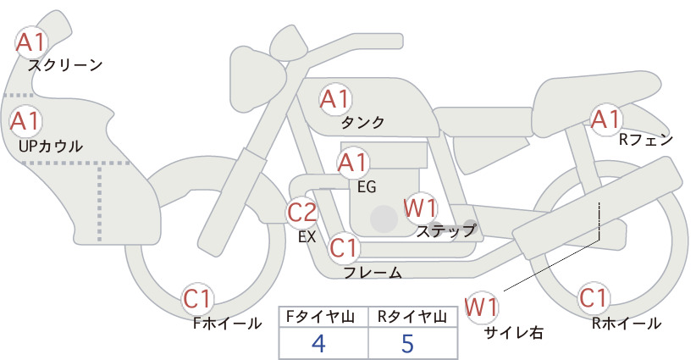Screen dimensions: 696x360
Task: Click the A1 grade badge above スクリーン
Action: point(30,42)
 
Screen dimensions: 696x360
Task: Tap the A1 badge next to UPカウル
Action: point(25,121)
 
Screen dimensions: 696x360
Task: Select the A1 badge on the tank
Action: point(335,99)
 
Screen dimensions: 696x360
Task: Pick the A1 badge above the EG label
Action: point(353,163)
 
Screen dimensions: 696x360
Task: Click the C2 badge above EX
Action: point(301,212)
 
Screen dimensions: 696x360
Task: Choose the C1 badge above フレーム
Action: point(344,247)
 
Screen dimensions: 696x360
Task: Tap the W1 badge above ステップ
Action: point(420,208)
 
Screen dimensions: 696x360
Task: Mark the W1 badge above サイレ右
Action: point(482,307)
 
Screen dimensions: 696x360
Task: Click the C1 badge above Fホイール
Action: point(197,299)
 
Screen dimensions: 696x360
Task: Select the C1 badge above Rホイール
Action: point(594,298)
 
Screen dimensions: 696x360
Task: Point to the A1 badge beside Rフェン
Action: point(605,119)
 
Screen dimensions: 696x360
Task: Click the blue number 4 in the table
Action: point(318,343)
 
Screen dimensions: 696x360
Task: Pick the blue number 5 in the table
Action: point(407,343)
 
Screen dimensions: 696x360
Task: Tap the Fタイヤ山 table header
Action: point(320,317)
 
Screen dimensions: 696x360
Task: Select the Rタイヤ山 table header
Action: point(412,317)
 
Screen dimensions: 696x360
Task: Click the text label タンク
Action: point(362,123)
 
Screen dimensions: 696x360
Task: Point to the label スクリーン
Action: point(65,65)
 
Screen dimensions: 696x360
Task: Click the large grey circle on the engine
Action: point(384,219)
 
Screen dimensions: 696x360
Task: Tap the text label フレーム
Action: point(373,273)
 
